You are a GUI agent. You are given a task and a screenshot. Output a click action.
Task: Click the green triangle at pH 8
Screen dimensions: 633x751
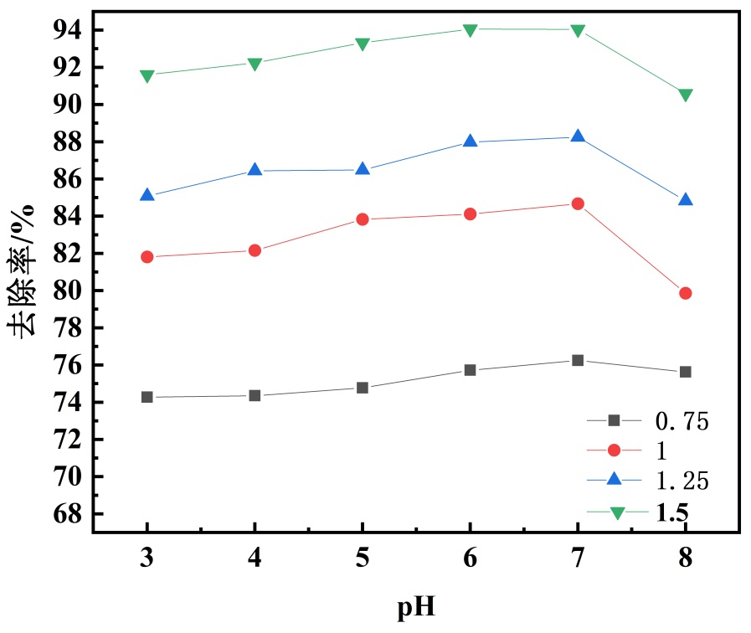tap(686, 95)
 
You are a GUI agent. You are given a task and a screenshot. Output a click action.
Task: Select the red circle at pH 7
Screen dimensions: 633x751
tap(578, 203)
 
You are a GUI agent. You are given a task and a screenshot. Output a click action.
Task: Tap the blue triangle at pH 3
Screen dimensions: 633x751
tap(147, 195)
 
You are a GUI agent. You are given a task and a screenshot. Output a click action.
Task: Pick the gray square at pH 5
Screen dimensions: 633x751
tap(363, 388)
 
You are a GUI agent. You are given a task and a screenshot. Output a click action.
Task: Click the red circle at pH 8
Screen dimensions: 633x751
tap(686, 293)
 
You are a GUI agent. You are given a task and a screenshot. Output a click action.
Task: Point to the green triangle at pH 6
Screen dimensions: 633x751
tap(470, 30)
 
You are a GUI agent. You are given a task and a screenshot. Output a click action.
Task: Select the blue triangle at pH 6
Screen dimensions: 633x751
tap(470, 142)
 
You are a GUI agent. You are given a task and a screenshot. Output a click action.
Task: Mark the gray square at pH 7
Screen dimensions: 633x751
tap(578, 360)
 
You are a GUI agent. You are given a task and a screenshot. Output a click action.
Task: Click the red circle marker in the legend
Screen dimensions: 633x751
tap(615, 450)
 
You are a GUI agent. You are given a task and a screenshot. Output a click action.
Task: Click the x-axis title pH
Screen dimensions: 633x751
tap(415, 605)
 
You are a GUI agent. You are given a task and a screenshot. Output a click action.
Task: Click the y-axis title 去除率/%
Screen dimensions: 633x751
tap(23, 270)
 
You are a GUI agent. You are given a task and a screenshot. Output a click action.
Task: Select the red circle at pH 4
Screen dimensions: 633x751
tap(255, 250)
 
